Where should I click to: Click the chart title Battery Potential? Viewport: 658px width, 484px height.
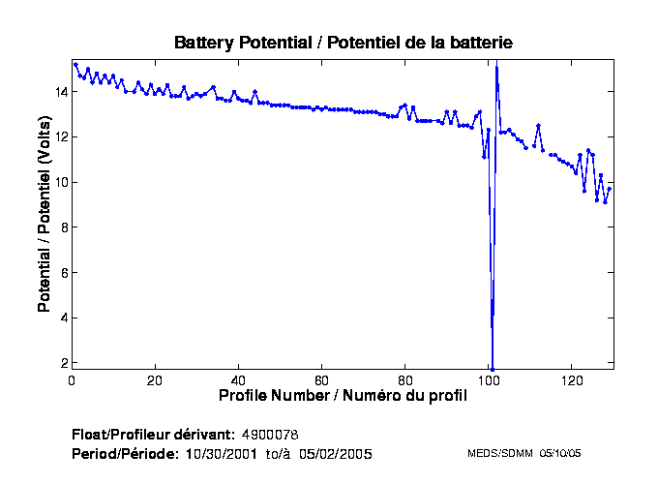point(343,43)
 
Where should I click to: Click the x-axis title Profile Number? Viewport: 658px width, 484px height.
point(343,395)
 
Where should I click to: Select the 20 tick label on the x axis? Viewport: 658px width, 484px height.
point(155,379)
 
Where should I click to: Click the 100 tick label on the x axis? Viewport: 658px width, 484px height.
point(488,379)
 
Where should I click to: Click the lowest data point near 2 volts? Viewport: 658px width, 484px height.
point(492,369)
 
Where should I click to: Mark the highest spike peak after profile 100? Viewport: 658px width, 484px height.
point(496,67)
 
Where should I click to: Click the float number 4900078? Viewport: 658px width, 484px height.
point(277,433)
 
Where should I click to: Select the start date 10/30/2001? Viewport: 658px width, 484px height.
point(221,453)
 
